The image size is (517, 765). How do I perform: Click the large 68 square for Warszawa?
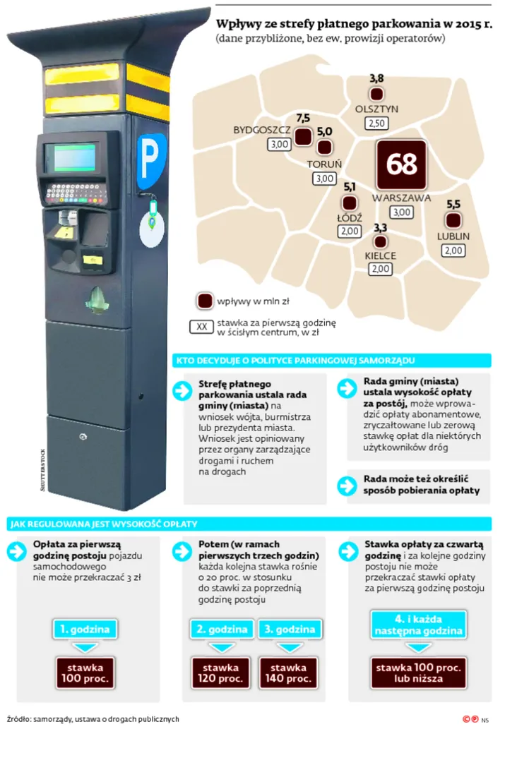click(x=401, y=164)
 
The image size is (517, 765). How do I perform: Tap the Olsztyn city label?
click(x=376, y=109)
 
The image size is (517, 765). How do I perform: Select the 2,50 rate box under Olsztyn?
click(x=376, y=123)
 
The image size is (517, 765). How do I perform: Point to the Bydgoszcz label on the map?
click(x=261, y=131)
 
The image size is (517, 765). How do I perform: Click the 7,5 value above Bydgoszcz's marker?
click(x=303, y=118)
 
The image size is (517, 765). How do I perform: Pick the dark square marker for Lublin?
click(x=453, y=220)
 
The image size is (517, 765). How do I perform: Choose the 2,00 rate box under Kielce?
click(x=380, y=269)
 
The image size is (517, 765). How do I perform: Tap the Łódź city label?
click(x=350, y=217)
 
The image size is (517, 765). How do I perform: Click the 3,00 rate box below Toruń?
click(x=325, y=179)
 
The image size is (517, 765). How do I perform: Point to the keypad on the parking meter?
click(x=76, y=193)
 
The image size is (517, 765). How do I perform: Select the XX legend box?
click(x=201, y=327)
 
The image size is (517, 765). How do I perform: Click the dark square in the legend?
click(x=205, y=301)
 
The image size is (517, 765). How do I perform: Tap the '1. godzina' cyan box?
click(x=85, y=630)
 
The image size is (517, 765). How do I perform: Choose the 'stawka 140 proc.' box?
click(x=288, y=673)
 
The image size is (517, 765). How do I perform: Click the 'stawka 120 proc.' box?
click(x=220, y=673)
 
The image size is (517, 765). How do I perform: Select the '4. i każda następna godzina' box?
click(x=418, y=625)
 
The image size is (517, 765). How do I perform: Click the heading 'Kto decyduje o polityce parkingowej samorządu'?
click(x=295, y=361)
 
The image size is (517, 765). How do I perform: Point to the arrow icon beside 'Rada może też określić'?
click(x=347, y=486)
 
